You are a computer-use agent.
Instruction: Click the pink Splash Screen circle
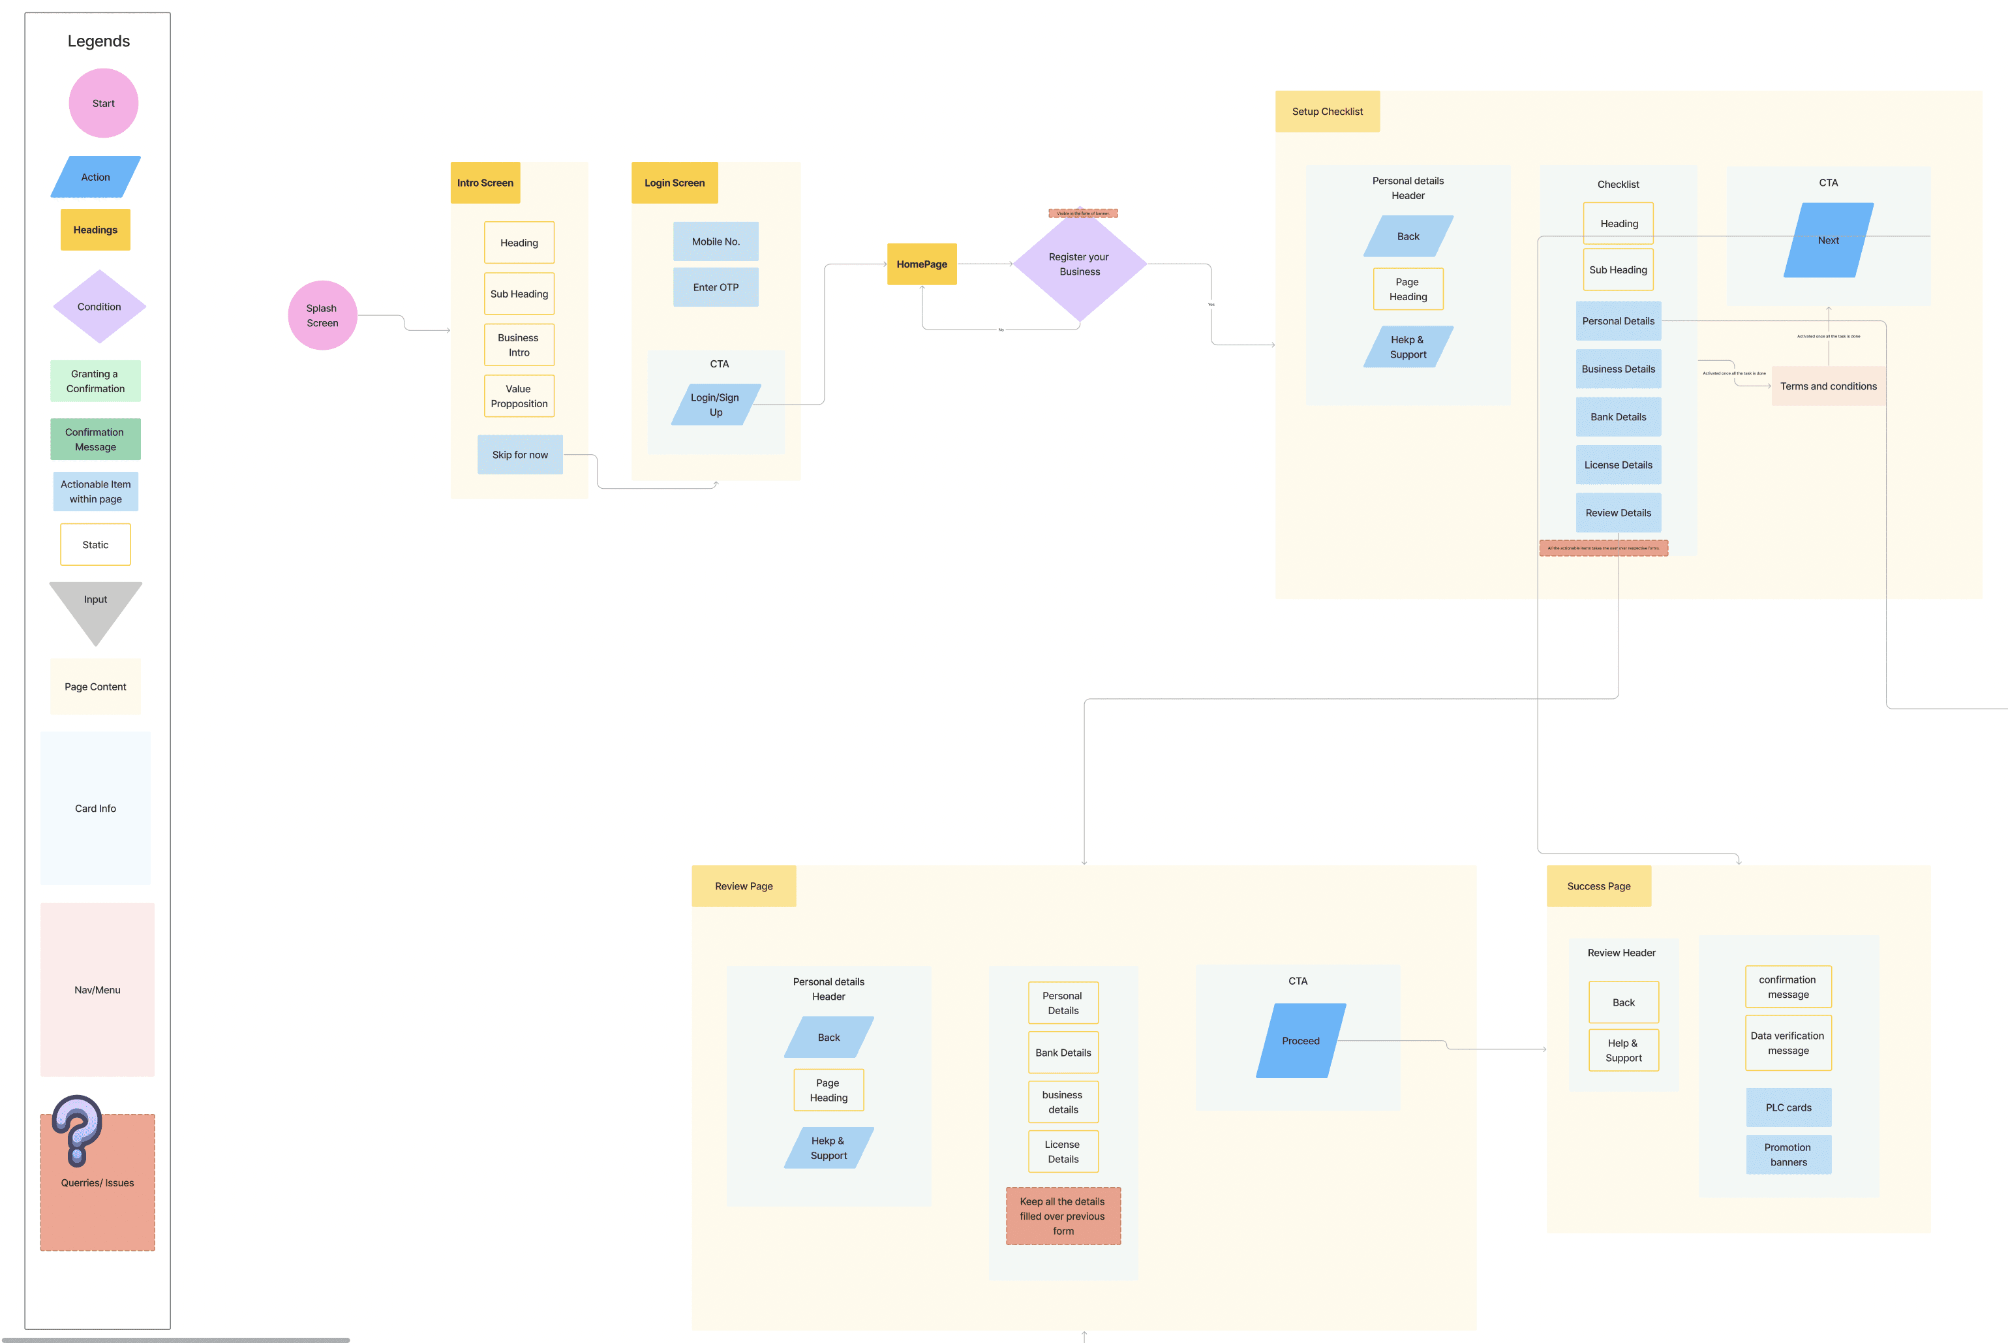322,315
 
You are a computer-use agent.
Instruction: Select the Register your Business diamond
1079,265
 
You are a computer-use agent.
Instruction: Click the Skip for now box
520,455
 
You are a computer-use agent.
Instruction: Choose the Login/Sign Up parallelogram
715,405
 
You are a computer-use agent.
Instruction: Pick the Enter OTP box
715,288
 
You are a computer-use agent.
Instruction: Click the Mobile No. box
715,241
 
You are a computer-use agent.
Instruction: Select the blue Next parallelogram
1827,241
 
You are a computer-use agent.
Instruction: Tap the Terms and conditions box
1827,386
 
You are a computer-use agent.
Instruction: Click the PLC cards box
1788,1107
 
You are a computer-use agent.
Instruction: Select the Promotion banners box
1788,1154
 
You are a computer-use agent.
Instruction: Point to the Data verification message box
1788,1043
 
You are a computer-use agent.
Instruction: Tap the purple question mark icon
77,1129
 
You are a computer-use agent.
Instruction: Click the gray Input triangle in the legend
95,606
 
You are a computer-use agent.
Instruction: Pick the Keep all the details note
1063,1216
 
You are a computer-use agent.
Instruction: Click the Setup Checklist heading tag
1326,112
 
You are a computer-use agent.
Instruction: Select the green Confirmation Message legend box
95,439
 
